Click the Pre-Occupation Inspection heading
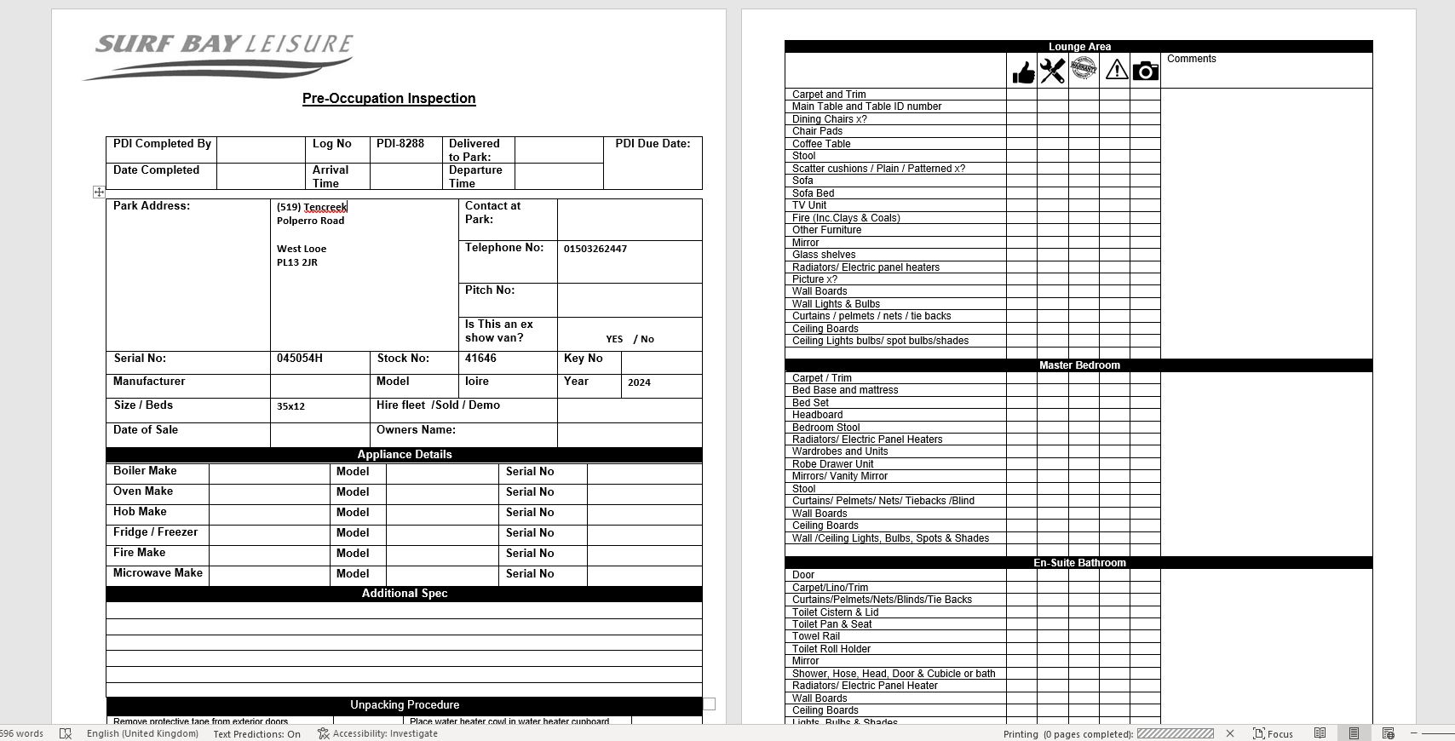[x=388, y=99]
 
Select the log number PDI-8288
[x=400, y=144]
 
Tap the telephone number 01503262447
[x=595, y=249]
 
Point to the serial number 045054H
[x=299, y=359]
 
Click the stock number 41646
[x=480, y=359]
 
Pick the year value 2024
[x=639, y=382]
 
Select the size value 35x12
[x=290, y=406]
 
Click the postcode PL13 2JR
[x=296, y=262]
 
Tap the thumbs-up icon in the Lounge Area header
[x=1022, y=72]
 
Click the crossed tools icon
[x=1053, y=71]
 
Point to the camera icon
[x=1146, y=71]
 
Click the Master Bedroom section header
[x=1078, y=365]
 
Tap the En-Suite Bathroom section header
[x=1078, y=563]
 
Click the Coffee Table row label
[x=820, y=144]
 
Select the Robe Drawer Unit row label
[x=832, y=464]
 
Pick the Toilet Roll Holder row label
[x=831, y=649]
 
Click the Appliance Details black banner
[x=404, y=455]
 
